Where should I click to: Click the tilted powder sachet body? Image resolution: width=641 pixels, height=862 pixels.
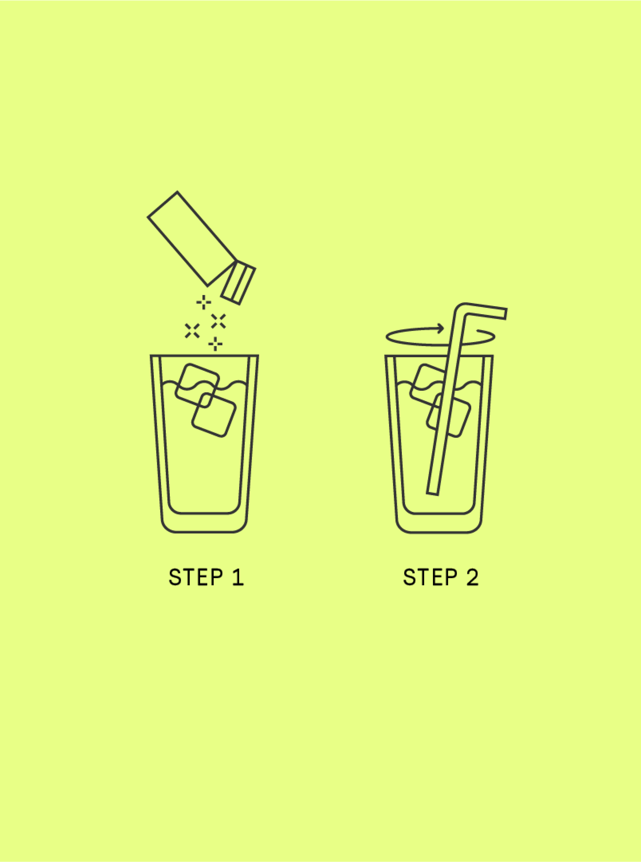[192, 239]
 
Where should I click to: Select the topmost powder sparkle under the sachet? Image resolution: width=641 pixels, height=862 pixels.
[204, 302]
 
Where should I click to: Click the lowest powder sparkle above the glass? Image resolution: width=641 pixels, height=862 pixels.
[215, 344]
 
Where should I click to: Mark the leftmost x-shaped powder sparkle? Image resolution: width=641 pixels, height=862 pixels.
[192, 331]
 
